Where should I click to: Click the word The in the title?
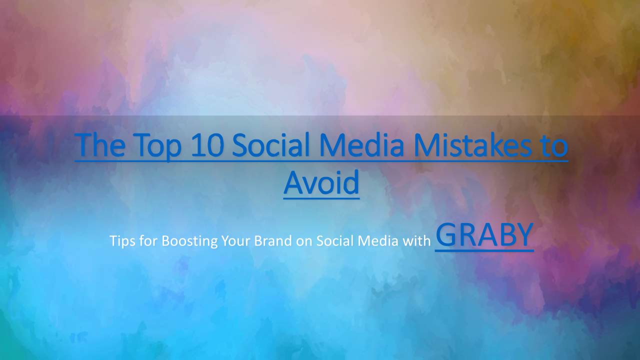coord(100,145)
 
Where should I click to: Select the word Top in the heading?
coord(157,147)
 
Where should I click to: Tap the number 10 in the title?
coord(207,145)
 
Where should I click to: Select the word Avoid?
coord(321,182)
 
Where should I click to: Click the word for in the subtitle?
coord(148,240)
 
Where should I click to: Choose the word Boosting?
coord(189,241)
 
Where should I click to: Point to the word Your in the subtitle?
coord(235,240)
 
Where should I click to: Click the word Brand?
coord(273,240)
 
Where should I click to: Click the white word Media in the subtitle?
coord(378,240)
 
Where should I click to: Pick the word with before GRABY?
coord(416,240)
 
